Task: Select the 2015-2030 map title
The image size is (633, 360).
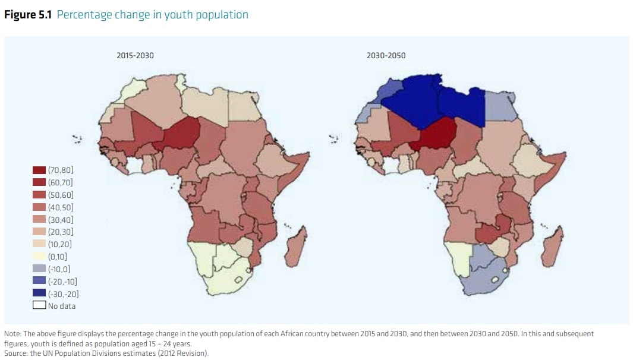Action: [135, 55]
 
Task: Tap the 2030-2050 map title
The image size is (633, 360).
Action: [386, 55]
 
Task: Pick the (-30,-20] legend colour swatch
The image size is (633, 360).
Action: [39, 293]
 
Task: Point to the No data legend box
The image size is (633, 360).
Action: [39, 305]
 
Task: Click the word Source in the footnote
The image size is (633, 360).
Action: [15, 353]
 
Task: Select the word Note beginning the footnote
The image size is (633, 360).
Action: [12, 334]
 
